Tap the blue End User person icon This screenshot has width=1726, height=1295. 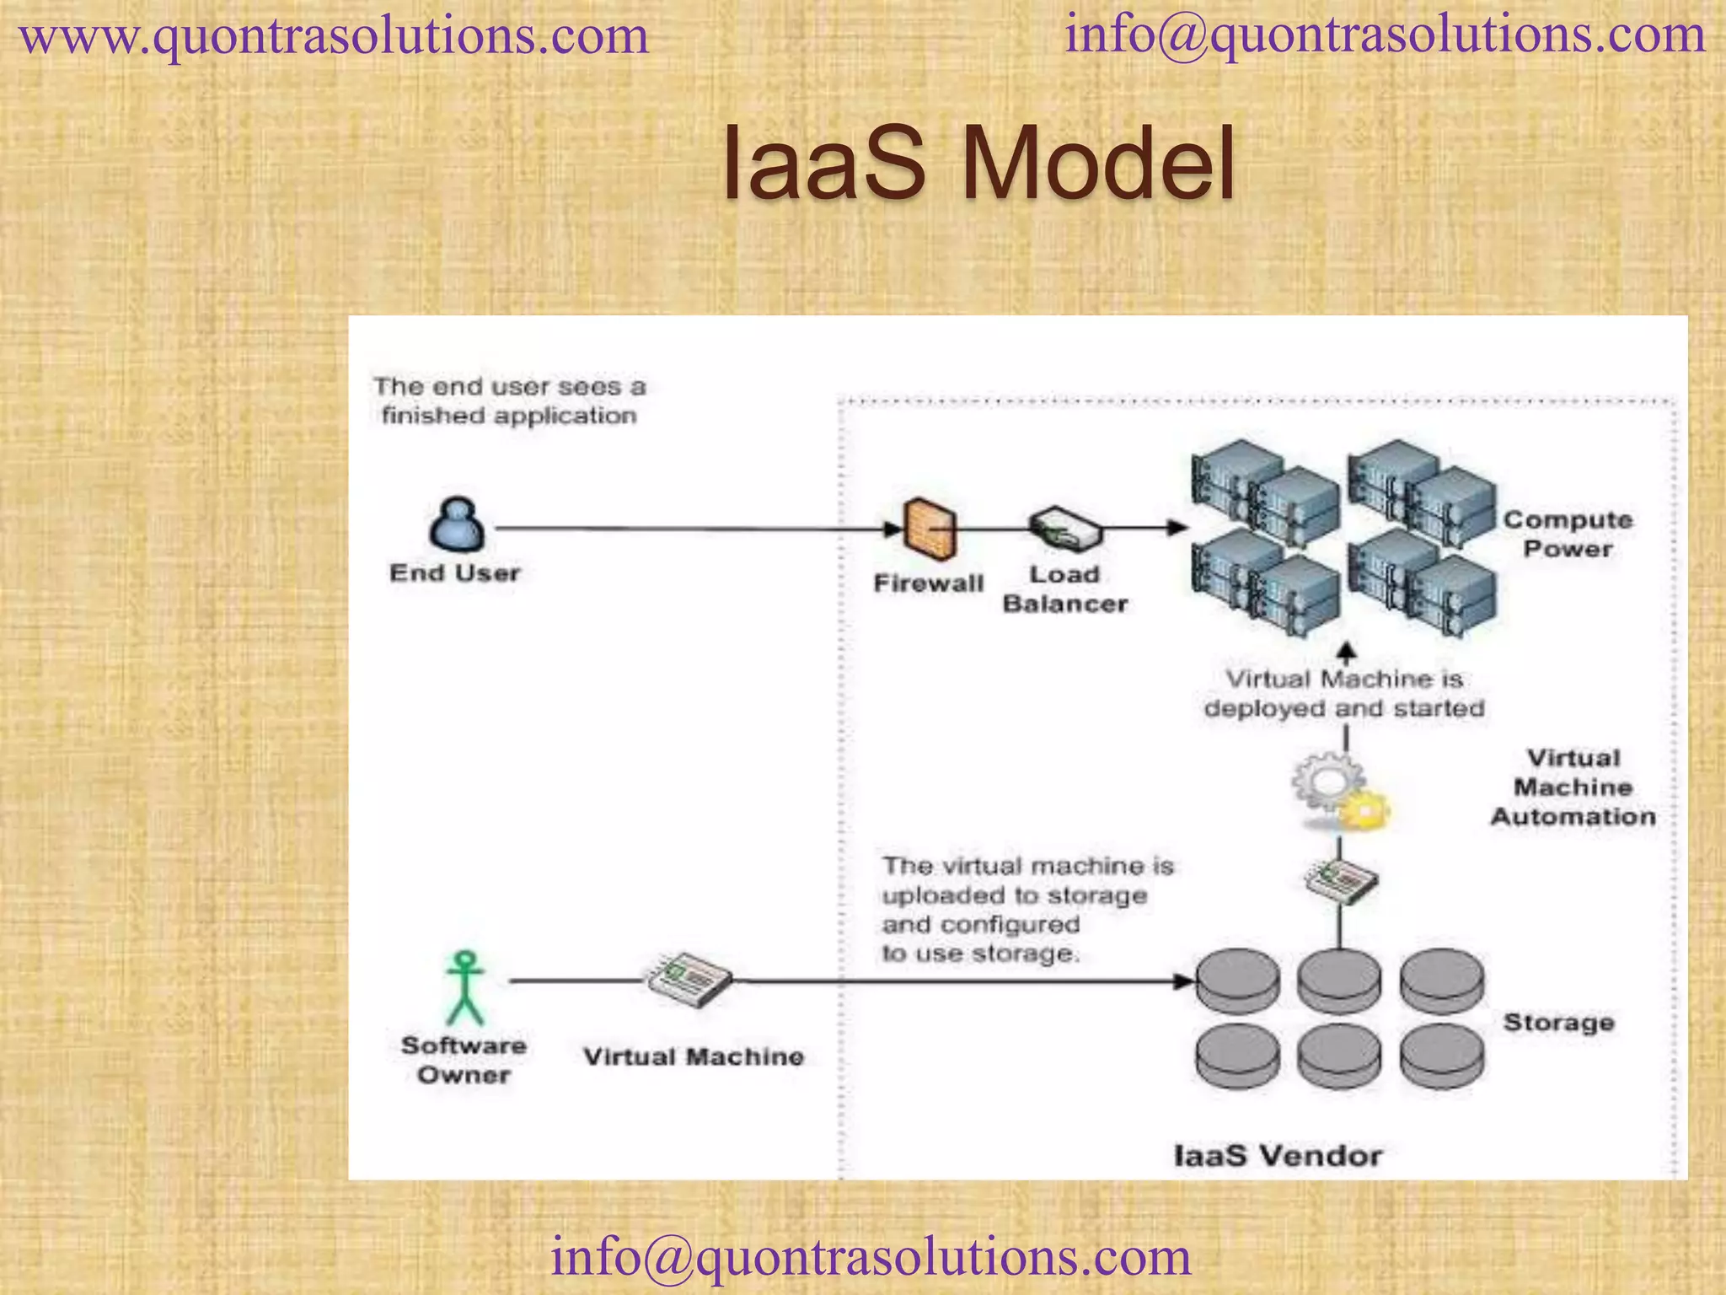pyautogui.click(x=457, y=524)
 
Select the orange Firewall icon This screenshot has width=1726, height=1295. pyautogui.click(x=930, y=529)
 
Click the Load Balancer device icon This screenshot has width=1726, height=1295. pyautogui.click(x=1064, y=529)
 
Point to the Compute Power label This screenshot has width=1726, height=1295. pyautogui.click(x=1568, y=535)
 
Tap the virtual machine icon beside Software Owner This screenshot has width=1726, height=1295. pyautogui.click(x=689, y=980)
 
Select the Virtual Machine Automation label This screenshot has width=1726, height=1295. pyautogui.click(x=1573, y=787)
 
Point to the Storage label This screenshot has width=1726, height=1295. pyautogui.click(x=1558, y=1023)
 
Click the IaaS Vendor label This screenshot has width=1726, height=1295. pyautogui.click(x=1278, y=1155)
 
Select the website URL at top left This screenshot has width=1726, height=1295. pyautogui.click(x=334, y=37)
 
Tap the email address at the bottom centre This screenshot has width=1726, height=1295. pyautogui.click(x=871, y=1255)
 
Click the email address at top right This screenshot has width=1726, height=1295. pyautogui.click(x=1385, y=35)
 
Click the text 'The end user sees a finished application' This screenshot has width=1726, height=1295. pyautogui.click(x=509, y=401)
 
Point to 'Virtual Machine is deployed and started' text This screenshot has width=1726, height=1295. pyautogui.click(x=1343, y=694)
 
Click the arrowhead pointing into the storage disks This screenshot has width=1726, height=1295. pyautogui.click(x=1184, y=981)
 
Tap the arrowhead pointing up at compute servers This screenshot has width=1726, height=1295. pyautogui.click(x=1347, y=651)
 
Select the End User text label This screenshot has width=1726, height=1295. pyautogui.click(x=454, y=573)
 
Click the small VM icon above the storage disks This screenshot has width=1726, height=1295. pyautogui.click(x=1342, y=881)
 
